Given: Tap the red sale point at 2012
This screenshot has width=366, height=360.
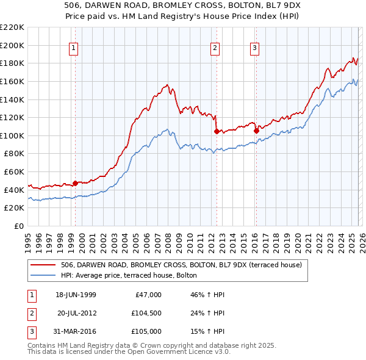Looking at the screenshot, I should (217, 131).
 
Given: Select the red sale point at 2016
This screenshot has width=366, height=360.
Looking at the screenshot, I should (256, 131).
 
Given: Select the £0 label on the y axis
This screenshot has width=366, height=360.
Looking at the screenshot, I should (18, 226).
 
